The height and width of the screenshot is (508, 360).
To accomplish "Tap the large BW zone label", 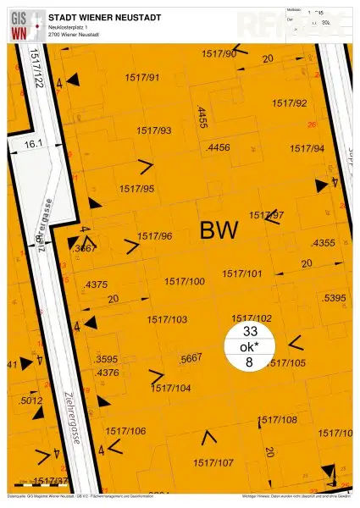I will (x=219, y=229).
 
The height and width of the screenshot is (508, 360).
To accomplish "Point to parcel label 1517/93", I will (x=153, y=130).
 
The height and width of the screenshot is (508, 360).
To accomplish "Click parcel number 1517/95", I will (x=136, y=189).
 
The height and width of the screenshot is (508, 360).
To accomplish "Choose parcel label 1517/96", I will (x=155, y=236).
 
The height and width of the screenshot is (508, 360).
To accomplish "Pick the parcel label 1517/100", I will (x=185, y=281).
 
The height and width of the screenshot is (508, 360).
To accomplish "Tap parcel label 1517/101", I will (x=242, y=274).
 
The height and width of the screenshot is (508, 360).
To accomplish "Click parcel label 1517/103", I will (x=167, y=319).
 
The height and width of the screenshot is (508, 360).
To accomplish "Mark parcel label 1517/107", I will (x=213, y=463).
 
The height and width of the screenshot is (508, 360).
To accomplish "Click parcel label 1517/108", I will (x=277, y=420).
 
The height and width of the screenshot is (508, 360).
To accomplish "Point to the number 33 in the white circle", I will (x=249, y=331).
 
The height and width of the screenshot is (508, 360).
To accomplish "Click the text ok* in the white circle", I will (x=249, y=346).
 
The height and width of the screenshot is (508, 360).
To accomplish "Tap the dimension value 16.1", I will (x=33, y=145).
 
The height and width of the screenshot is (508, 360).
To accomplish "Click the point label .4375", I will (x=97, y=284).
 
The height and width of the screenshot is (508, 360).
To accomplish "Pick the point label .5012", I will (x=30, y=400).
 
